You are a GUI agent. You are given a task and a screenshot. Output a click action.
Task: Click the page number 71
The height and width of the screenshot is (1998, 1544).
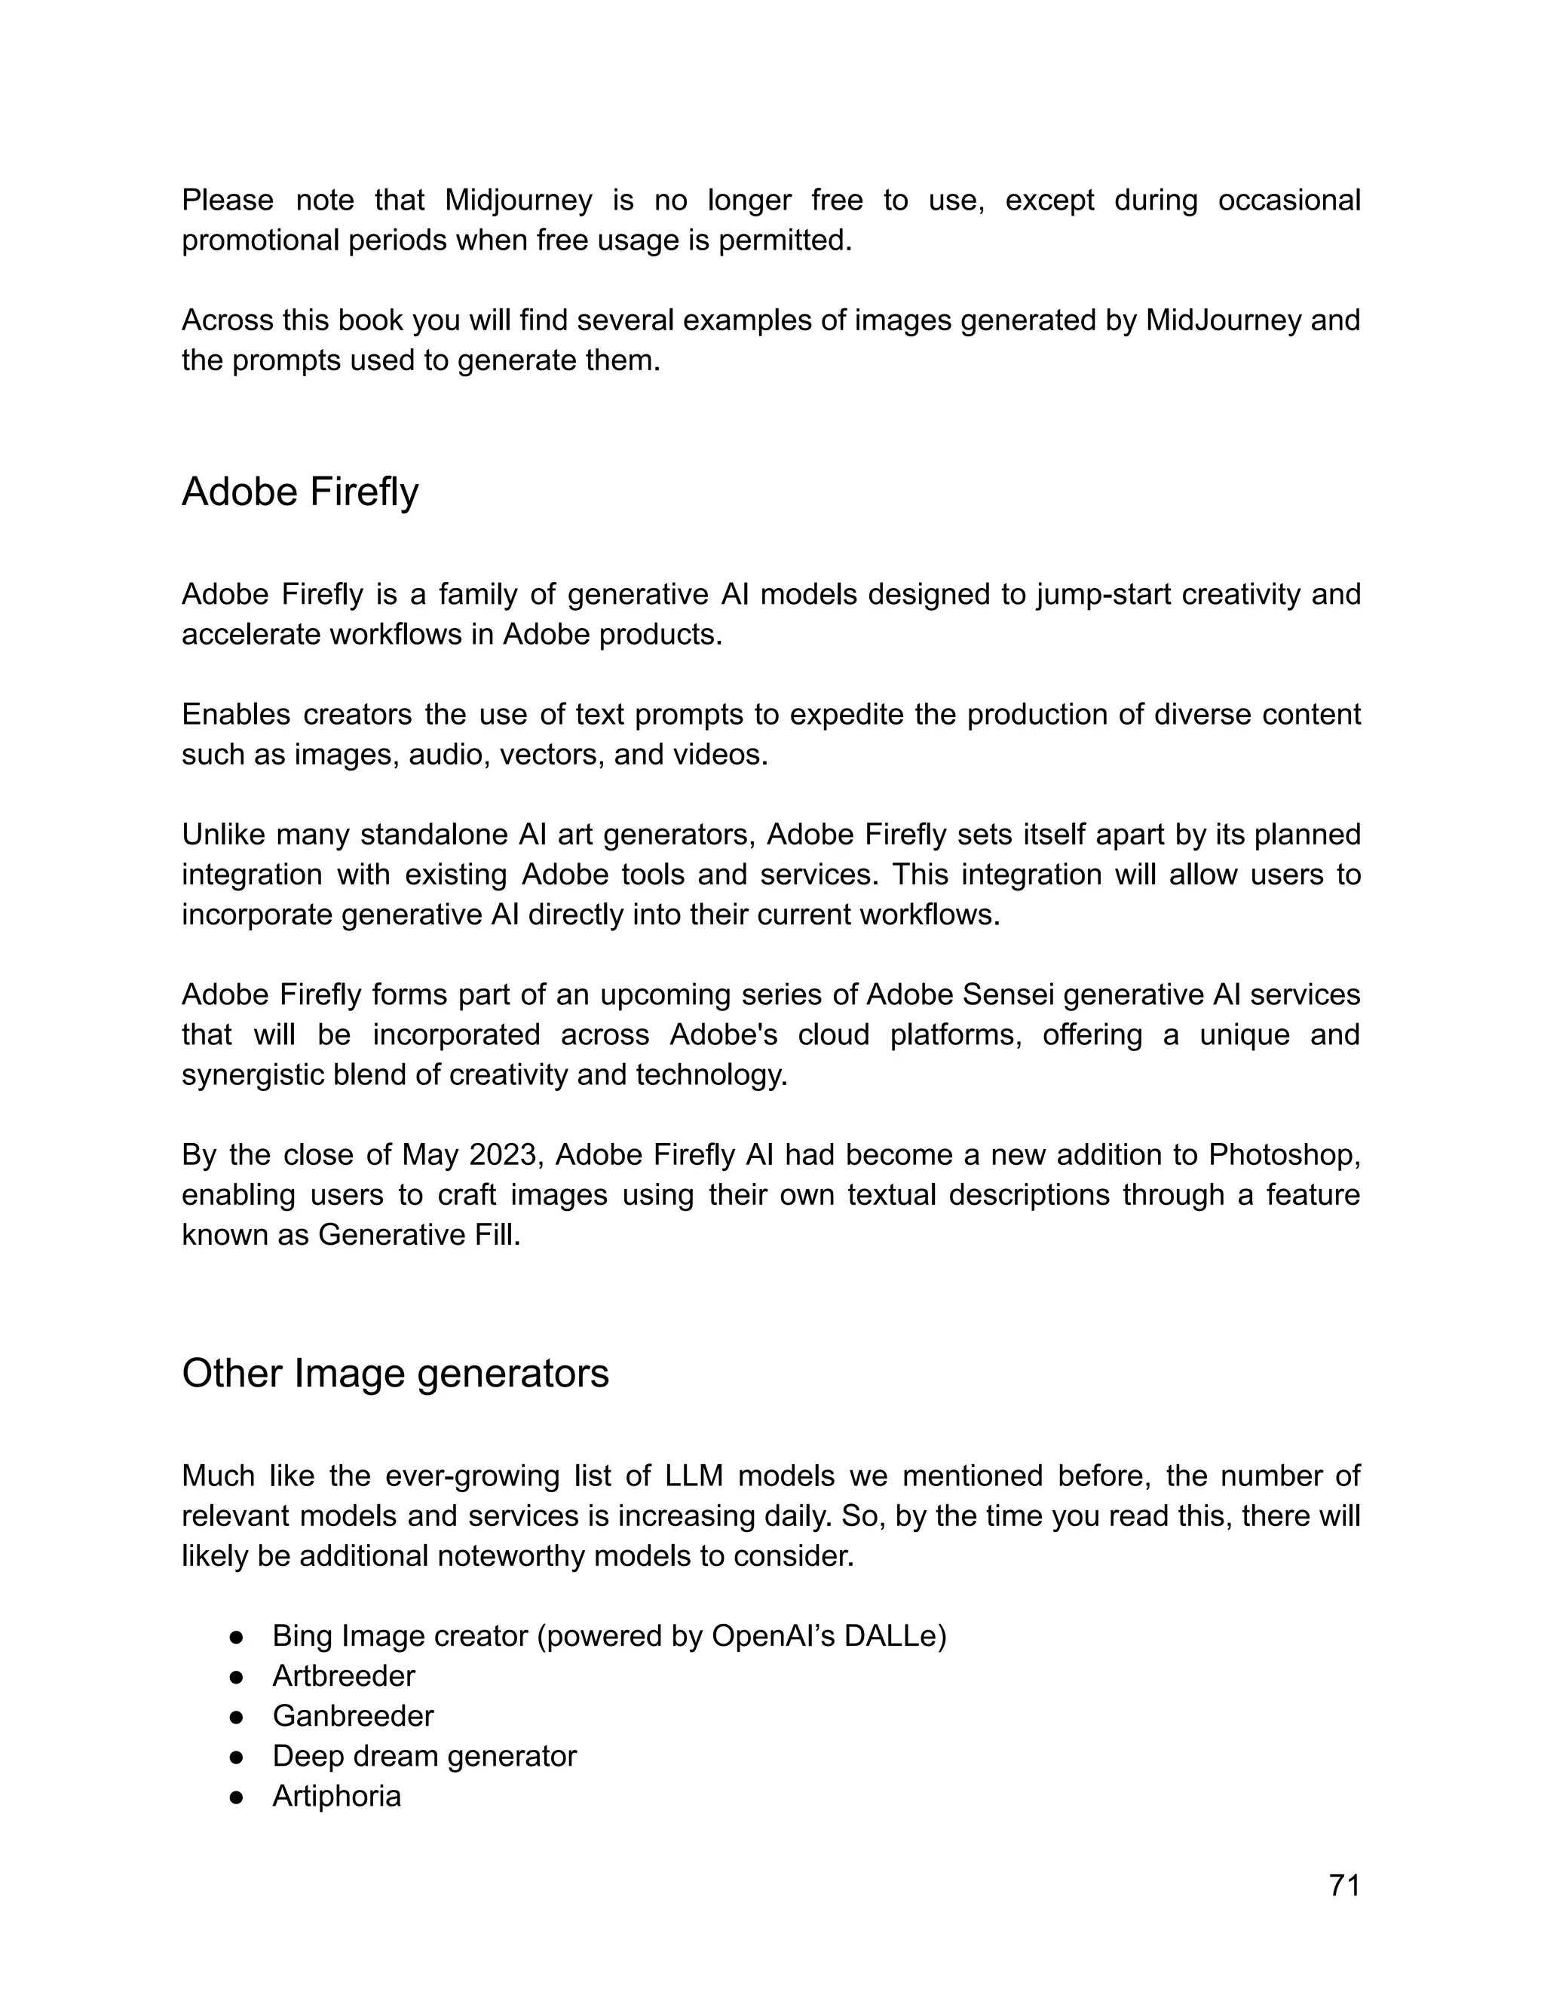[1343, 1886]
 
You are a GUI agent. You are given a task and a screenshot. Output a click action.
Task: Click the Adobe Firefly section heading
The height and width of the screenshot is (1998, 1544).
[300, 492]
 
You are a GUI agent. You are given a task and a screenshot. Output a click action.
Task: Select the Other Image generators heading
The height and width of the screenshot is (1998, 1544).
[395, 1373]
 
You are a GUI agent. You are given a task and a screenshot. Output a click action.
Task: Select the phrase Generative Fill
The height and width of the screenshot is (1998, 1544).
[419, 1235]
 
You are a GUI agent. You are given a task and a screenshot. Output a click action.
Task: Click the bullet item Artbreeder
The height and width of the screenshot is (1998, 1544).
[344, 1676]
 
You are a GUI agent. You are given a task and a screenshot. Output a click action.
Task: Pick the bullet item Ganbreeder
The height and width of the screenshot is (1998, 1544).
[353, 1716]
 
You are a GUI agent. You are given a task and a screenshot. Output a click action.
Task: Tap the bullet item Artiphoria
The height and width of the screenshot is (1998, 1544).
[336, 1796]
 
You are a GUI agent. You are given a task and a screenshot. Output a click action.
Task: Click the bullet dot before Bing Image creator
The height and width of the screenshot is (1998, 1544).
[237, 1637]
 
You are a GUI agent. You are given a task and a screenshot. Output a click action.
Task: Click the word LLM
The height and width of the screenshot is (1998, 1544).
[695, 1476]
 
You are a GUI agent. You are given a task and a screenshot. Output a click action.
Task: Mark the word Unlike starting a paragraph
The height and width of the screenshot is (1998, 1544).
[223, 835]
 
